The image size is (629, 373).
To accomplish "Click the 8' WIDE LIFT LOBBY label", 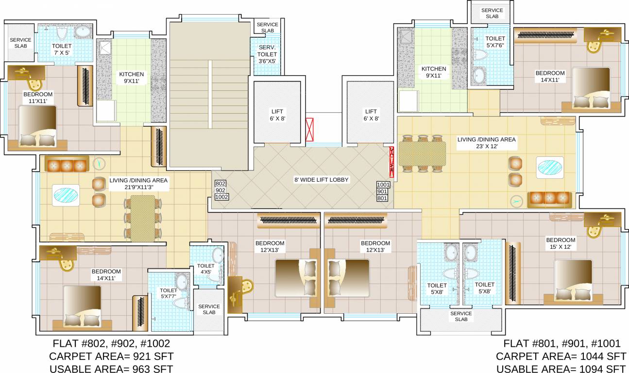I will [x=322, y=180].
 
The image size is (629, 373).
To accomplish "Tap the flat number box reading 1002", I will [x=221, y=197].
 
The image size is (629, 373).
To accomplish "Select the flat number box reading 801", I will [x=383, y=198].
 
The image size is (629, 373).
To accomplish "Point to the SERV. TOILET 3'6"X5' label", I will [x=267, y=54].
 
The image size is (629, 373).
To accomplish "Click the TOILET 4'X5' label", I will [x=205, y=269].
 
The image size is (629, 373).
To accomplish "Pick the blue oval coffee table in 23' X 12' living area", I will [x=550, y=167].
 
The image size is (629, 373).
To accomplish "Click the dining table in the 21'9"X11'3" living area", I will [x=143, y=218].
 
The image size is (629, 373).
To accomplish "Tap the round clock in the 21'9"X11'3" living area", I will [x=99, y=163].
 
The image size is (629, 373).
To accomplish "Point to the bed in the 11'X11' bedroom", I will [x=38, y=126].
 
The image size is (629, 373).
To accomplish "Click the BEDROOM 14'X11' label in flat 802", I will [x=106, y=275].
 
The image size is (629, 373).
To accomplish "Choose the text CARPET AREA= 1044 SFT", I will [x=561, y=356].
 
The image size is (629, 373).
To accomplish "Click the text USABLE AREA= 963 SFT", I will [x=111, y=369].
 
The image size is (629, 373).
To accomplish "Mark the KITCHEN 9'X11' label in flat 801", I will [x=433, y=72].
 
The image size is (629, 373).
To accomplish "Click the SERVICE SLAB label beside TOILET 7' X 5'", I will [x=20, y=43].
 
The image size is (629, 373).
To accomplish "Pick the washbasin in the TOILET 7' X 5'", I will [x=83, y=33].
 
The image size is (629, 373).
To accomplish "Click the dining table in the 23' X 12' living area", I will [x=422, y=153].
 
